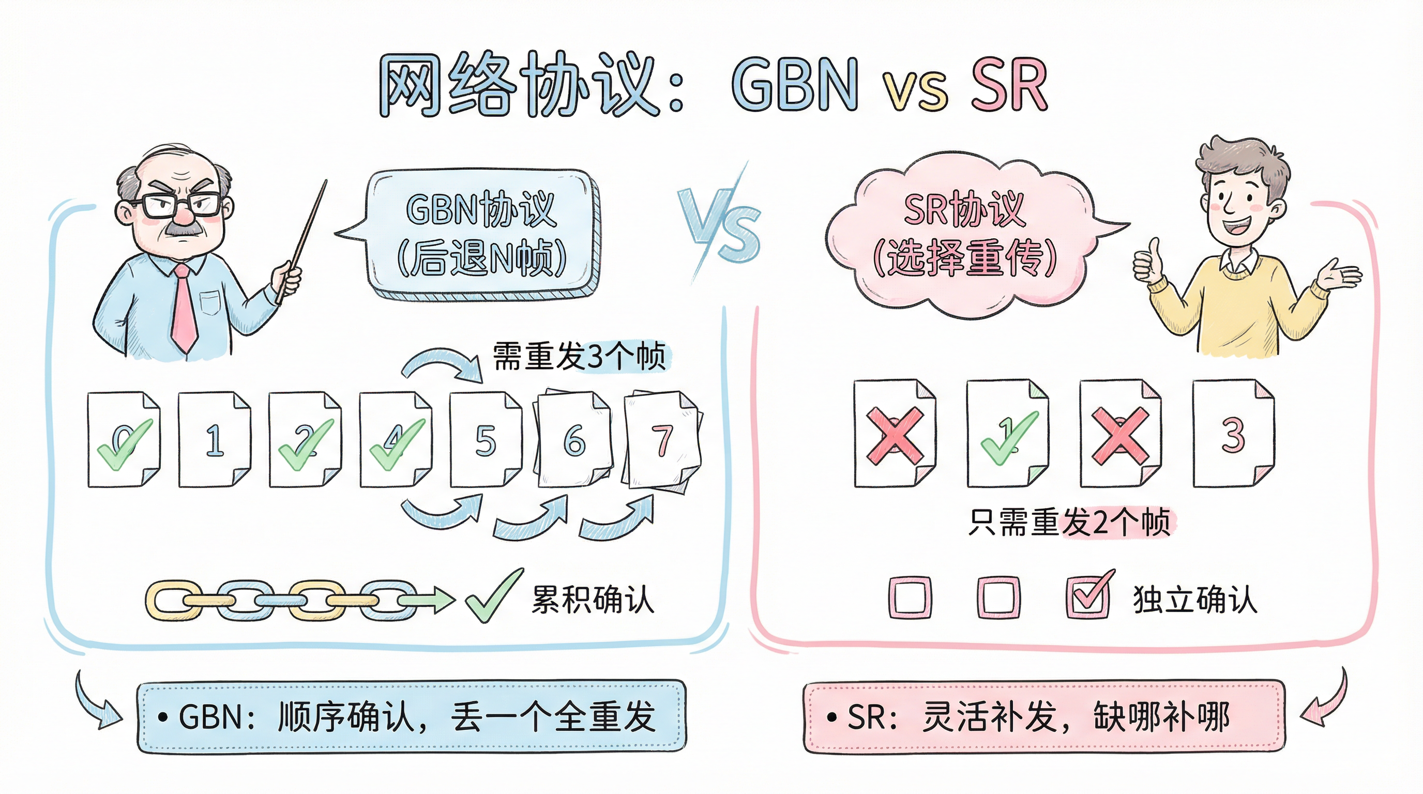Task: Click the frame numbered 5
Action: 486,439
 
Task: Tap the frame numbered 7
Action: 662,440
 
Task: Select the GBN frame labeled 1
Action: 215,439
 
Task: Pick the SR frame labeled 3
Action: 1233,434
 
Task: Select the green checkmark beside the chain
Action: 493,597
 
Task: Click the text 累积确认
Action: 592,600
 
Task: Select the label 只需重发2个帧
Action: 1069,522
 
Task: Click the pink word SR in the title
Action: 1009,86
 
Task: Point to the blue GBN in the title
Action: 795,86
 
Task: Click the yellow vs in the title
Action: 915,91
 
